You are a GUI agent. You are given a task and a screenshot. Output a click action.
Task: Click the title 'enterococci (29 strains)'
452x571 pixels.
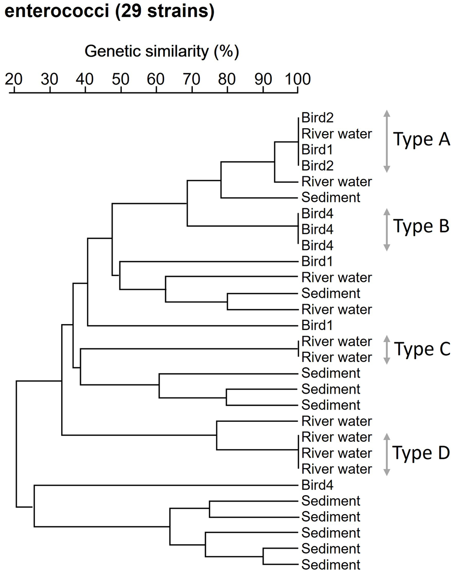pos(110,12)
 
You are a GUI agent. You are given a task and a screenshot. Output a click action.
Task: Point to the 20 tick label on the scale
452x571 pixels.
pos(14,79)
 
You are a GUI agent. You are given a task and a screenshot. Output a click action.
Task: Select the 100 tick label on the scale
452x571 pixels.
pos(297,79)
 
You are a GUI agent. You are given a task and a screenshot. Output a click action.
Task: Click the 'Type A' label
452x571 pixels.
pos(421,140)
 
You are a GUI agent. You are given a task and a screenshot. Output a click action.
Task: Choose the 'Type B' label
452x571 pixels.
pos(421,226)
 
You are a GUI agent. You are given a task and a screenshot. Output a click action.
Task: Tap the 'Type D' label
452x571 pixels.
pos(421,453)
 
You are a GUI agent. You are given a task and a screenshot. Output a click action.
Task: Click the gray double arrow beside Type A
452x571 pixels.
pos(386,141)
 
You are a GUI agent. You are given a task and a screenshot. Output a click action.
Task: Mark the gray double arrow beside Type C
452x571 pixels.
pos(386,349)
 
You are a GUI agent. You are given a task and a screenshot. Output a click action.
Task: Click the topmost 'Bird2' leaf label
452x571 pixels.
pos(318,118)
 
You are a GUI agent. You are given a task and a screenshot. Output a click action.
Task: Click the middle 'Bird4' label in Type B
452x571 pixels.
pos(318,228)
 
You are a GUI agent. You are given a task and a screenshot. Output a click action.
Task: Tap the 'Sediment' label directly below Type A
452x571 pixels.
pos(331,197)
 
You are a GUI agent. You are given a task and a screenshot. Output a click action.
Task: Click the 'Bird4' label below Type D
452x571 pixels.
pos(318,484)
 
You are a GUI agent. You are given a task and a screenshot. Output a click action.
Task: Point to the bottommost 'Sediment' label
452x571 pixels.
pos(331,564)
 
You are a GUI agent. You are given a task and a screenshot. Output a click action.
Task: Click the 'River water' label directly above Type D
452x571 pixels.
pos(336,421)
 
